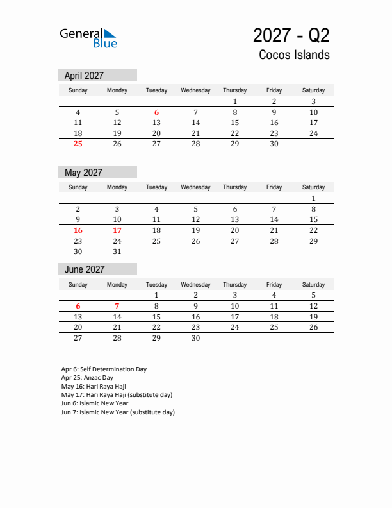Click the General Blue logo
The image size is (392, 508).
point(88,38)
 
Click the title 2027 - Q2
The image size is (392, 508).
point(291,35)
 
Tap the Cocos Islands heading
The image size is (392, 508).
point(294,55)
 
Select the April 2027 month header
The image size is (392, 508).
point(85,76)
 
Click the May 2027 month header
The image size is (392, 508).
point(84,173)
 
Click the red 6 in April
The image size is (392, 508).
point(156,112)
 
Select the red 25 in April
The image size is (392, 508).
point(78,144)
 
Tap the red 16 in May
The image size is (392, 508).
point(78,230)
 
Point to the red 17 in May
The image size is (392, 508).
point(117,230)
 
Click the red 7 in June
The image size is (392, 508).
point(117,306)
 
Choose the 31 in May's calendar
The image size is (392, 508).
point(117,252)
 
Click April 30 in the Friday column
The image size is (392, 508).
point(274,144)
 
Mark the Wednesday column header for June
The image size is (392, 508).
point(195,285)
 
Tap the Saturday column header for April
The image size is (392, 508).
point(313,90)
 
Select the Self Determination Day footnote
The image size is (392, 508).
point(104,369)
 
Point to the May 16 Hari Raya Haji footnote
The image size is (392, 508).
point(94,387)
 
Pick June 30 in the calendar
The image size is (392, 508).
point(196,338)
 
